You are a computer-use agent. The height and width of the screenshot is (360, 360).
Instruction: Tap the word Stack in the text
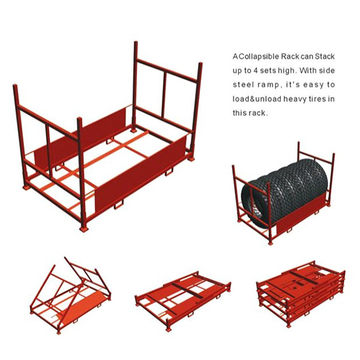coord(325,56)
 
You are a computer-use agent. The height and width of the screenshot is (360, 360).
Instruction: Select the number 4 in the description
coord(255,70)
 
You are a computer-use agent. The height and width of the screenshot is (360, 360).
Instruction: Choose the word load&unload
coord(257,99)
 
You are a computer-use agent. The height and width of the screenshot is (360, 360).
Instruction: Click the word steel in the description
coord(242,85)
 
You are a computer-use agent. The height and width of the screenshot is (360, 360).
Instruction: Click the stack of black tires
coord(284,191)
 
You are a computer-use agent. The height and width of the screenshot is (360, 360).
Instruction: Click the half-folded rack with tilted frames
coord(70,295)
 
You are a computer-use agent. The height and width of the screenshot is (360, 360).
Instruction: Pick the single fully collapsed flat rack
coord(183,300)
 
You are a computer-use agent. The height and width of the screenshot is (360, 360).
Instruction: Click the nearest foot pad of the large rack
coord(83,229)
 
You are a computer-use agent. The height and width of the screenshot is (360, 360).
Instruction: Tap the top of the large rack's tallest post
coord(136,43)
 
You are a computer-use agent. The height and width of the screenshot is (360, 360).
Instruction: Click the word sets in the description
coord(268,70)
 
